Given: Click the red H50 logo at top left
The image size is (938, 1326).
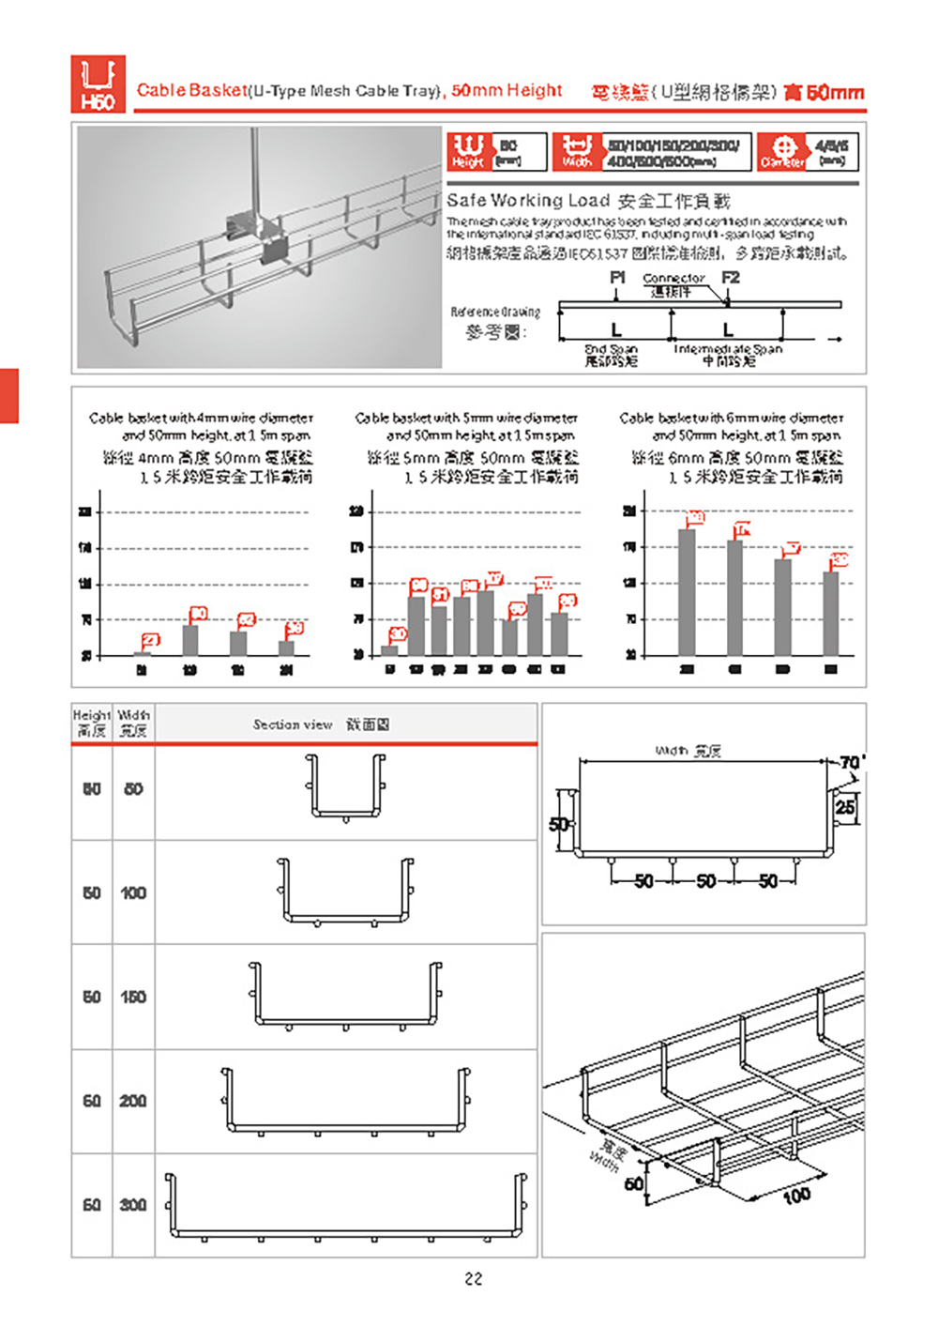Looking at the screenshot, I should tap(98, 84).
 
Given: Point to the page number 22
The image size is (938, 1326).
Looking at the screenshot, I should tap(474, 1278).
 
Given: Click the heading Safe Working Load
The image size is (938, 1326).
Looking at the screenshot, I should tap(529, 200).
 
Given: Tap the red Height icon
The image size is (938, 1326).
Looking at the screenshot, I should tap(467, 151).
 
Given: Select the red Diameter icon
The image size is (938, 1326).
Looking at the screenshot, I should tap(782, 151).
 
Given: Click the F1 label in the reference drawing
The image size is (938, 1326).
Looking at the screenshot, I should tap(617, 278).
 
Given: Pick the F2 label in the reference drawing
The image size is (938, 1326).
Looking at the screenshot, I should tap(731, 278).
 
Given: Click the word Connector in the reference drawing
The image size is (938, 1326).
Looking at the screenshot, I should tap(673, 279).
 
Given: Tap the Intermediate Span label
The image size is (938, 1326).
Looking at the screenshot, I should tap(728, 349).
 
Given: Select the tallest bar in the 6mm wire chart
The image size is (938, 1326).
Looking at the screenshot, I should tap(687, 591).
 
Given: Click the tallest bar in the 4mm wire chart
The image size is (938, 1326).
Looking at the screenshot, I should tap(190, 640).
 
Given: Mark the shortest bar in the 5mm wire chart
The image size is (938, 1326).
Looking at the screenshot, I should tap(389, 649).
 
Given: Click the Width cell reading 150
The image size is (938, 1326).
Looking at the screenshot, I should tap(133, 997).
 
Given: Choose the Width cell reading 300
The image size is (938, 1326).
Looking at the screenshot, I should tap(133, 1205).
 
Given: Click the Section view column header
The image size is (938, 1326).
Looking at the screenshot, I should tap(321, 724).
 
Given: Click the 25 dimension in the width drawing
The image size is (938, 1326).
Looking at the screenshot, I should tap(845, 806).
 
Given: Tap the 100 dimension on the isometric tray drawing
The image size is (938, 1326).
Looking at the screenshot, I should tap(796, 1195).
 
